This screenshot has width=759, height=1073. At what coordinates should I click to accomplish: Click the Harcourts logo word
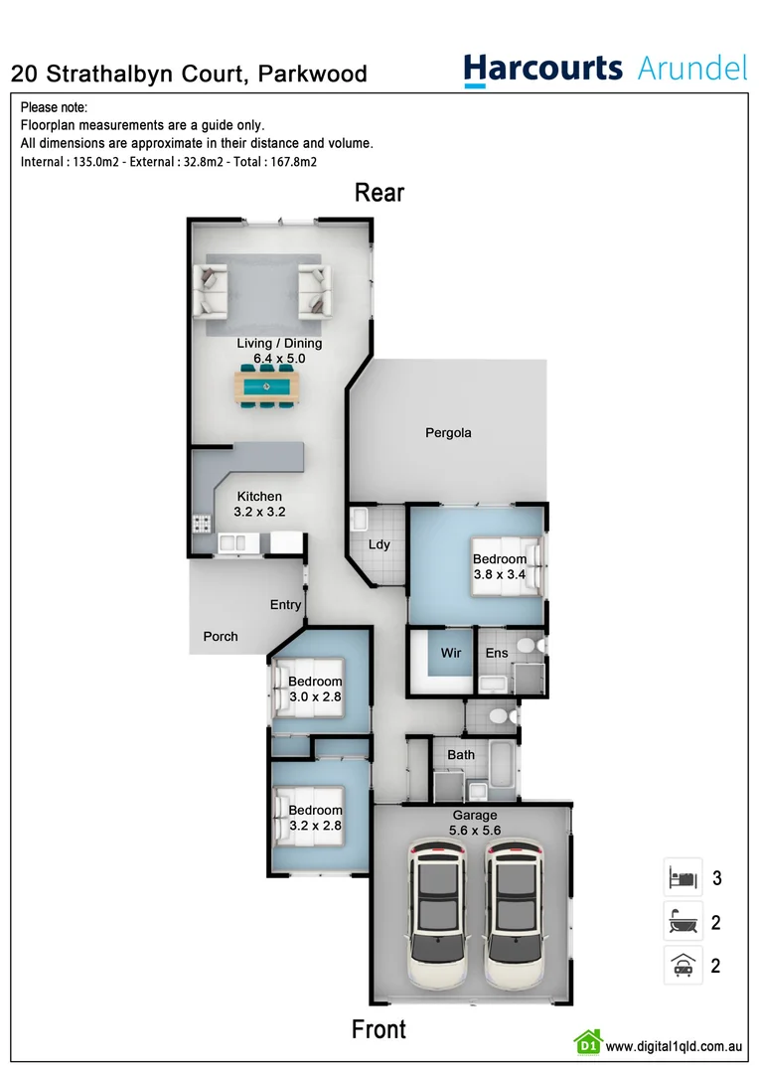[x=542, y=70]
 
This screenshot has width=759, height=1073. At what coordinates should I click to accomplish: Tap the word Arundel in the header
[x=691, y=69]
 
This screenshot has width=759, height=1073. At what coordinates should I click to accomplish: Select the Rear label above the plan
[x=379, y=192]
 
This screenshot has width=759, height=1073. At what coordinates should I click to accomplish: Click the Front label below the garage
[x=379, y=1029]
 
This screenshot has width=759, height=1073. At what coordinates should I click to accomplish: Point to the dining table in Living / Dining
[x=266, y=385]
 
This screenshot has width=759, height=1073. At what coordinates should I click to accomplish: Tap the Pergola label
[x=448, y=433]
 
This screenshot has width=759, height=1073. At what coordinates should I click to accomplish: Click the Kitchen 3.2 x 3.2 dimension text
[x=259, y=513]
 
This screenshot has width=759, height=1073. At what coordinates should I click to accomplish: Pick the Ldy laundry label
[x=379, y=544]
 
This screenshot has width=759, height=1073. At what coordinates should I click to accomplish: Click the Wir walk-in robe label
[x=451, y=653]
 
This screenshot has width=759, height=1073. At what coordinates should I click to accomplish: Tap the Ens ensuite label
[x=496, y=653]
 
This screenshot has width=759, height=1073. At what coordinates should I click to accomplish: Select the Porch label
[x=221, y=637]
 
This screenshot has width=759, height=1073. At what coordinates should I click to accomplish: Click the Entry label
[x=285, y=605]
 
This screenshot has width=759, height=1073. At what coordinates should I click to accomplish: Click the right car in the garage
[x=513, y=915]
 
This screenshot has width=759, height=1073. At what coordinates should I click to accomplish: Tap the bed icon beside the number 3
[x=683, y=878]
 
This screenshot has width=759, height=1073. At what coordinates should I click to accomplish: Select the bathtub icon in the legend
[x=683, y=922]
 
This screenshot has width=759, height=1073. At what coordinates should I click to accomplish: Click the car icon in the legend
[x=683, y=965]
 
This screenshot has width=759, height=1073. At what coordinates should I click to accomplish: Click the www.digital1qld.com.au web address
[x=675, y=1045]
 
